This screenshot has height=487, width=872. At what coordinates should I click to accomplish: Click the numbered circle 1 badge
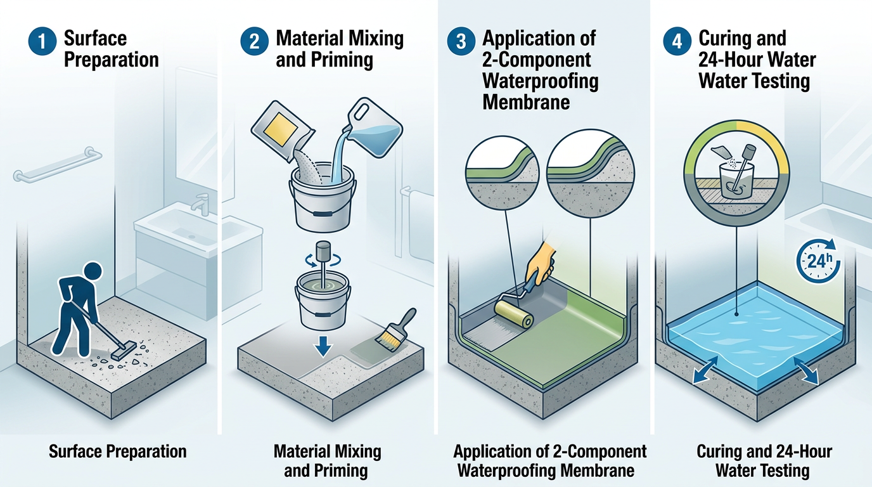tap(42, 41)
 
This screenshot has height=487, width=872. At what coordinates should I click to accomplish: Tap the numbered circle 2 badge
tap(254, 41)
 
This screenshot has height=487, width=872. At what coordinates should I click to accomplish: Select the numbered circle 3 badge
tap(461, 41)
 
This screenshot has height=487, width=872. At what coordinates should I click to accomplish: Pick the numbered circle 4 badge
tap(677, 41)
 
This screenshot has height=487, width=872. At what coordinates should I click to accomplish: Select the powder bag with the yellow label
tap(283, 130)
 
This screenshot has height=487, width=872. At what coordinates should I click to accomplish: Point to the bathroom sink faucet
tap(200, 204)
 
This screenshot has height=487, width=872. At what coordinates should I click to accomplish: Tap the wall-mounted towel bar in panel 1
tap(58, 165)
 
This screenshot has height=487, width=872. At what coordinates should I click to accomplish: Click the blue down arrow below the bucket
tap(323, 346)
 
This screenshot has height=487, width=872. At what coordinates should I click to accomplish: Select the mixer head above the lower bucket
tap(323, 251)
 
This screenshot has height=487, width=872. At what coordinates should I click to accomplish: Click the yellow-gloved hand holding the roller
tap(541, 263)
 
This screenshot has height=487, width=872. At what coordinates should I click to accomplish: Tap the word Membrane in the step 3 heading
tap(526, 103)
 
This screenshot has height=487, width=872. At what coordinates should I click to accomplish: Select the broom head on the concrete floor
tap(124, 350)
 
